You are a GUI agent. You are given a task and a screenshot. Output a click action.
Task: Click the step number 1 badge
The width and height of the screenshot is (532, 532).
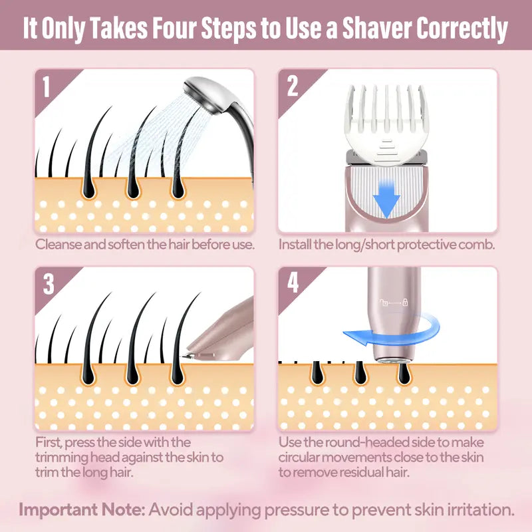tap(46, 87)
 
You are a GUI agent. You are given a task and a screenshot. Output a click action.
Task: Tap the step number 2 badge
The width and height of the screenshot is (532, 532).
tap(293, 87)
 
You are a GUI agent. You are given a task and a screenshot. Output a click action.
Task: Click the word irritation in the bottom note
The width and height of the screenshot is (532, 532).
tap(477, 511)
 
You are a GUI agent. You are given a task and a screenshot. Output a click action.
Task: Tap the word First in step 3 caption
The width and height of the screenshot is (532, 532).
tap(50, 442)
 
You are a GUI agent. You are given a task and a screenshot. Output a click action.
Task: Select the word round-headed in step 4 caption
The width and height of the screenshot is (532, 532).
tap(362, 442)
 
